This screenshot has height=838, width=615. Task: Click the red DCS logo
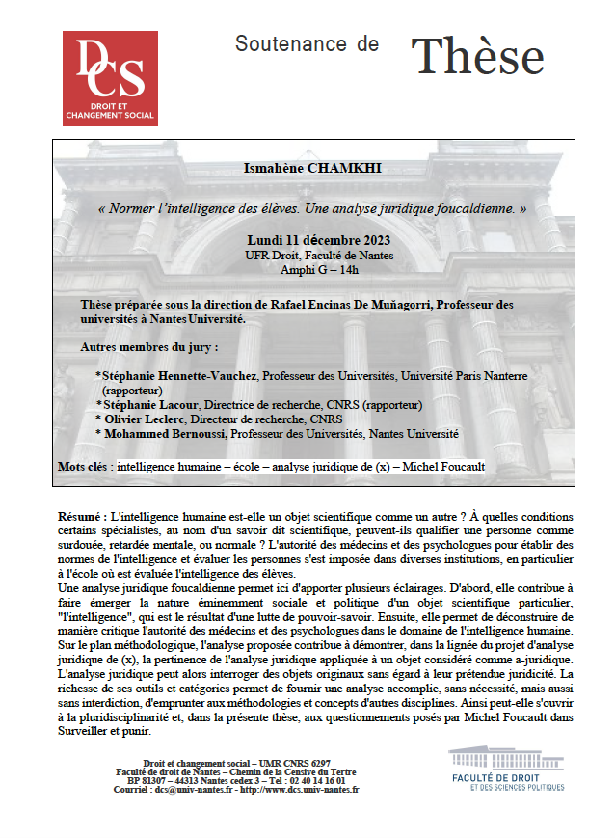tap(110, 78)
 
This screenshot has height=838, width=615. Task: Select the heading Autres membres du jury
tap(148, 345)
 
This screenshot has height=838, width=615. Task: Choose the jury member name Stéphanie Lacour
tap(149, 405)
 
